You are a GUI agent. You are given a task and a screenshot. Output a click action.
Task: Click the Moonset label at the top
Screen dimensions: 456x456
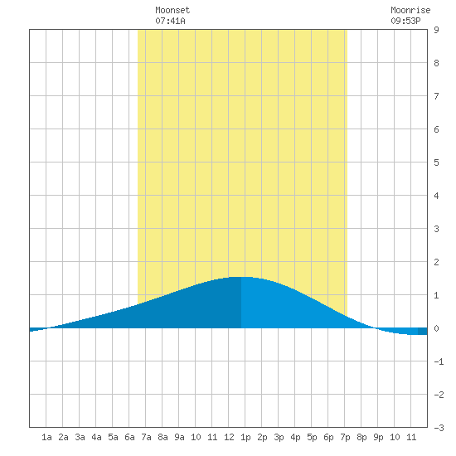tap(172, 10)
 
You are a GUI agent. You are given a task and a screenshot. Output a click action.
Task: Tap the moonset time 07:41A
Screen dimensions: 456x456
tap(170, 21)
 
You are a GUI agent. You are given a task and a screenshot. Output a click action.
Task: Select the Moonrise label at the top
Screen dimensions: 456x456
tap(410, 10)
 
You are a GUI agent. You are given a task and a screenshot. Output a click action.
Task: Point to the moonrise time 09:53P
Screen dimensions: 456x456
tap(405, 21)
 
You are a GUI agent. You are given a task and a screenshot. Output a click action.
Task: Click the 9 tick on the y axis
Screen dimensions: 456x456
tap(436, 30)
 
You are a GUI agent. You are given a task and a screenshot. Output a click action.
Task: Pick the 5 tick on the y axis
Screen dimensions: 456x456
tap(436, 163)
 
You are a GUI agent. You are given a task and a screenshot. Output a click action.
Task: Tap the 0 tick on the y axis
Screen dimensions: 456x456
tap(436, 328)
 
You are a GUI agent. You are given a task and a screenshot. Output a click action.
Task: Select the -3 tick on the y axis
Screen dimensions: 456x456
tap(439, 428)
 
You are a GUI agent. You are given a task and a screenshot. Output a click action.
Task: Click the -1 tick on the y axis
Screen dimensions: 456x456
tap(439, 361)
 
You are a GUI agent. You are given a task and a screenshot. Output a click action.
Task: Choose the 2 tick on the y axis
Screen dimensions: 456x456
tap(436, 262)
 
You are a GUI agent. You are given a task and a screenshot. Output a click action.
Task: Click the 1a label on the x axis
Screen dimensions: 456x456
tap(46, 437)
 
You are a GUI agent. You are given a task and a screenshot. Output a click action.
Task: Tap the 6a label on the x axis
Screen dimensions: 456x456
tap(129, 437)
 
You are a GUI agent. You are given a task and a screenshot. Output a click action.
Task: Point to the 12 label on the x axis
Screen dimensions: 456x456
tap(229, 437)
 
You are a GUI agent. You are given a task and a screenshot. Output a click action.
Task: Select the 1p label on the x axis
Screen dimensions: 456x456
tap(245, 437)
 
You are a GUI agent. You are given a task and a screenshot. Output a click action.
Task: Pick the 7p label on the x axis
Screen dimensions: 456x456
tap(345, 437)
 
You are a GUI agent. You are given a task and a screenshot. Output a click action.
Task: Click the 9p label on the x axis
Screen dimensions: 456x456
tap(378, 437)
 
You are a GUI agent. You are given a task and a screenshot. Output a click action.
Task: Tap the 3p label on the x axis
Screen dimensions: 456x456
tap(279, 437)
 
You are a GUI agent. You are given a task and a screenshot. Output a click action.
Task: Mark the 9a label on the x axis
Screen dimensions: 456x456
tap(179, 437)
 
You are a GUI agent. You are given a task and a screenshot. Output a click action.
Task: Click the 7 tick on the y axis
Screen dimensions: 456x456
tap(436, 96)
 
